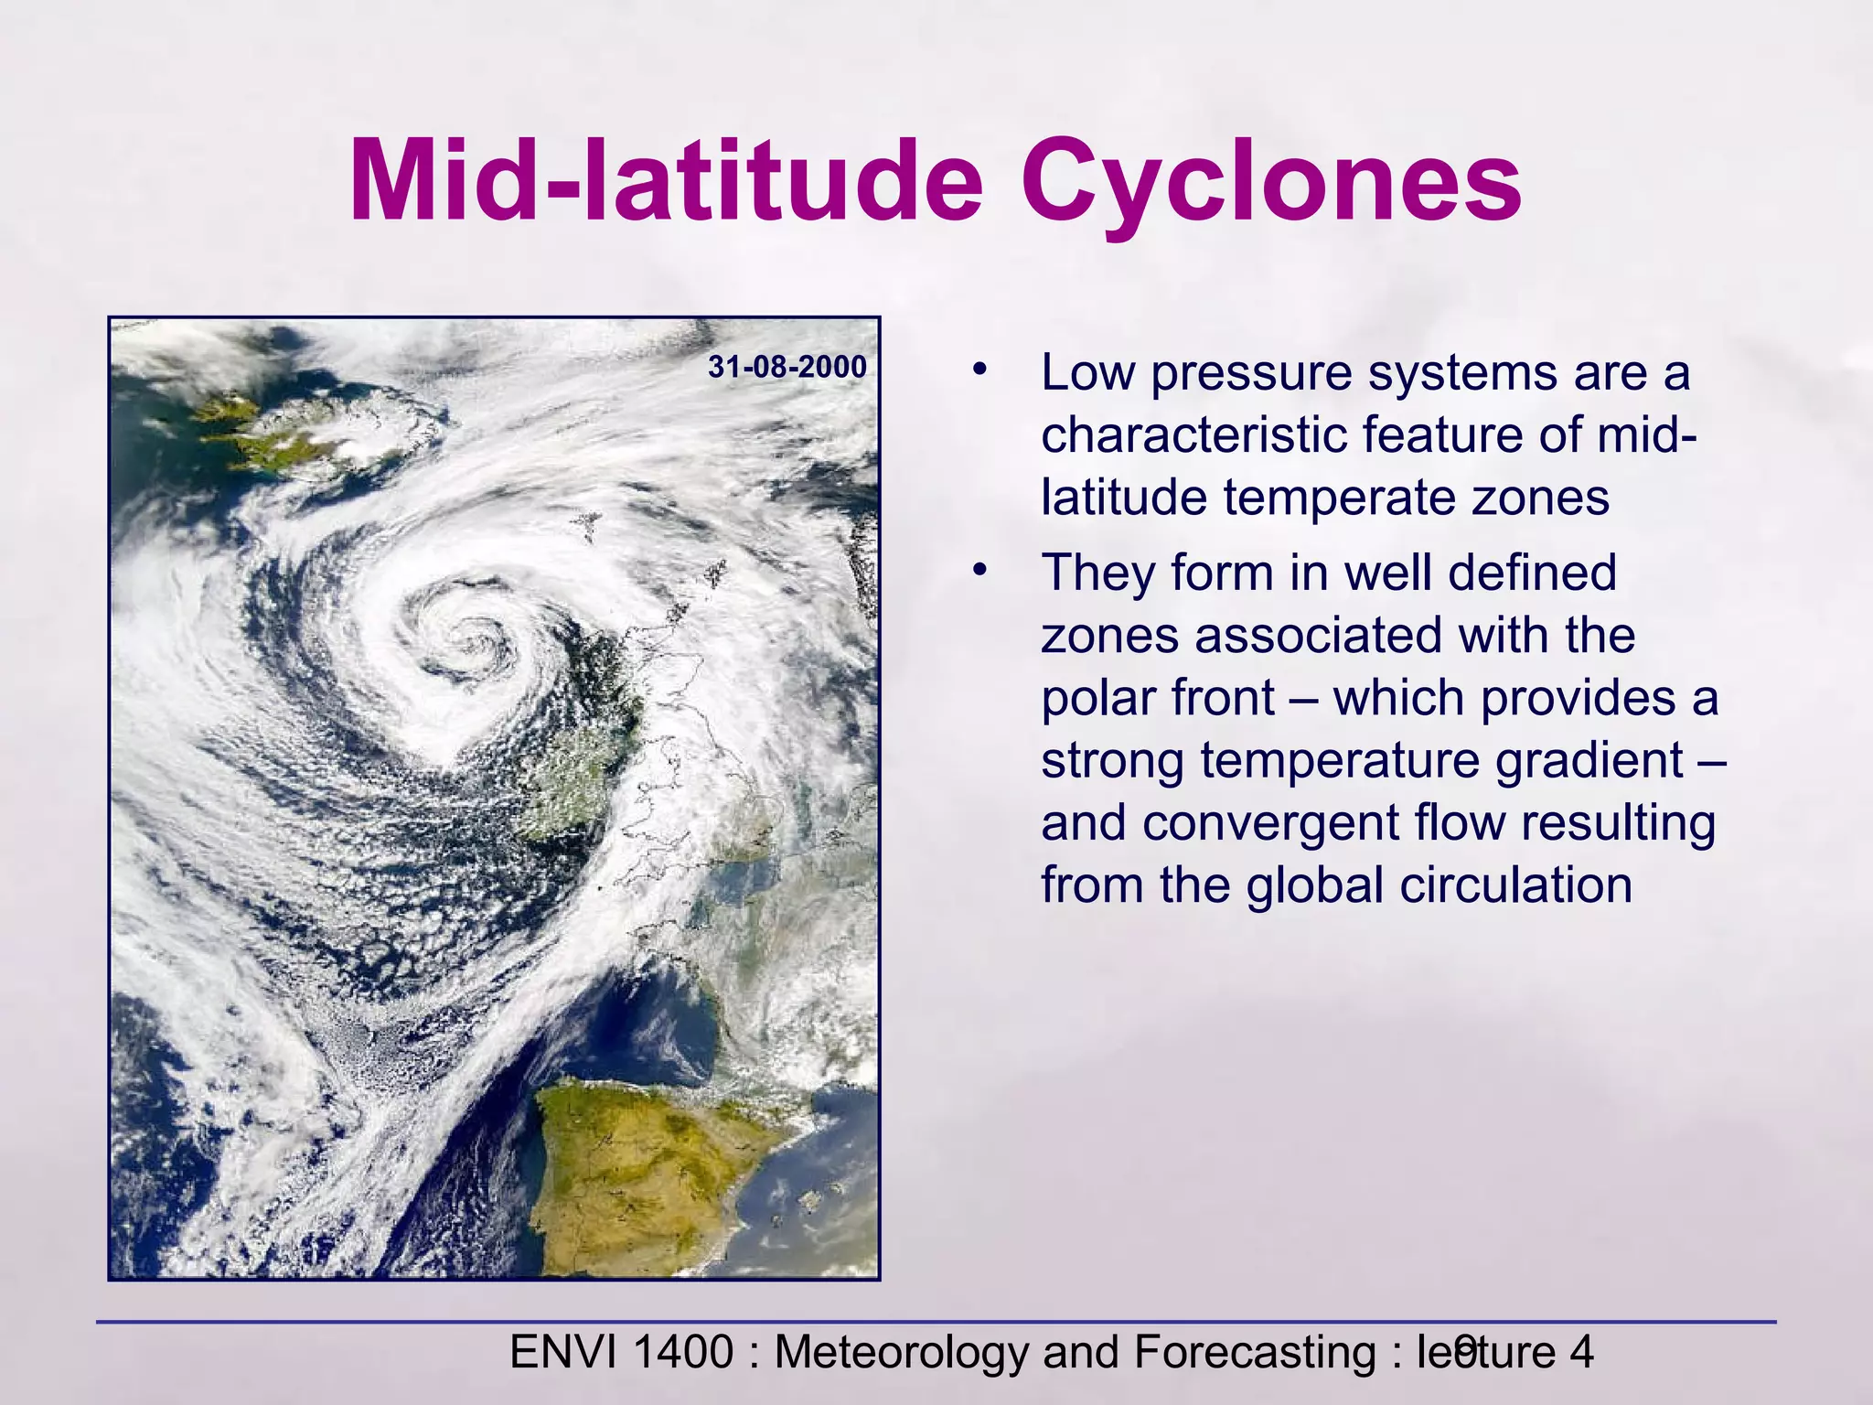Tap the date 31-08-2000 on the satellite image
[x=787, y=368]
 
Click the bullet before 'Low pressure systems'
[x=980, y=371]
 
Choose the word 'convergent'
[x=1271, y=823]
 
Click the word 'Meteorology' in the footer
[x=901, y=1352]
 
